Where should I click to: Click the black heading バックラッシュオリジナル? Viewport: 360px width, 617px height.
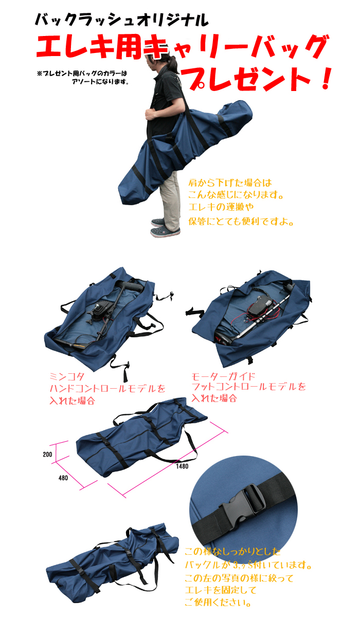click(121, 20)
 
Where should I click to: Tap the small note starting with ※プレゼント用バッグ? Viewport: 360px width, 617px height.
click(82, 77)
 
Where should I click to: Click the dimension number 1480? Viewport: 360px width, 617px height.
click(182, 466)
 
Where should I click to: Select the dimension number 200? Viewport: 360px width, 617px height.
click(47, 455)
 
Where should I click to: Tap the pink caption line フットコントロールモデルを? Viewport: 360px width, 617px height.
click(248, 387)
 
